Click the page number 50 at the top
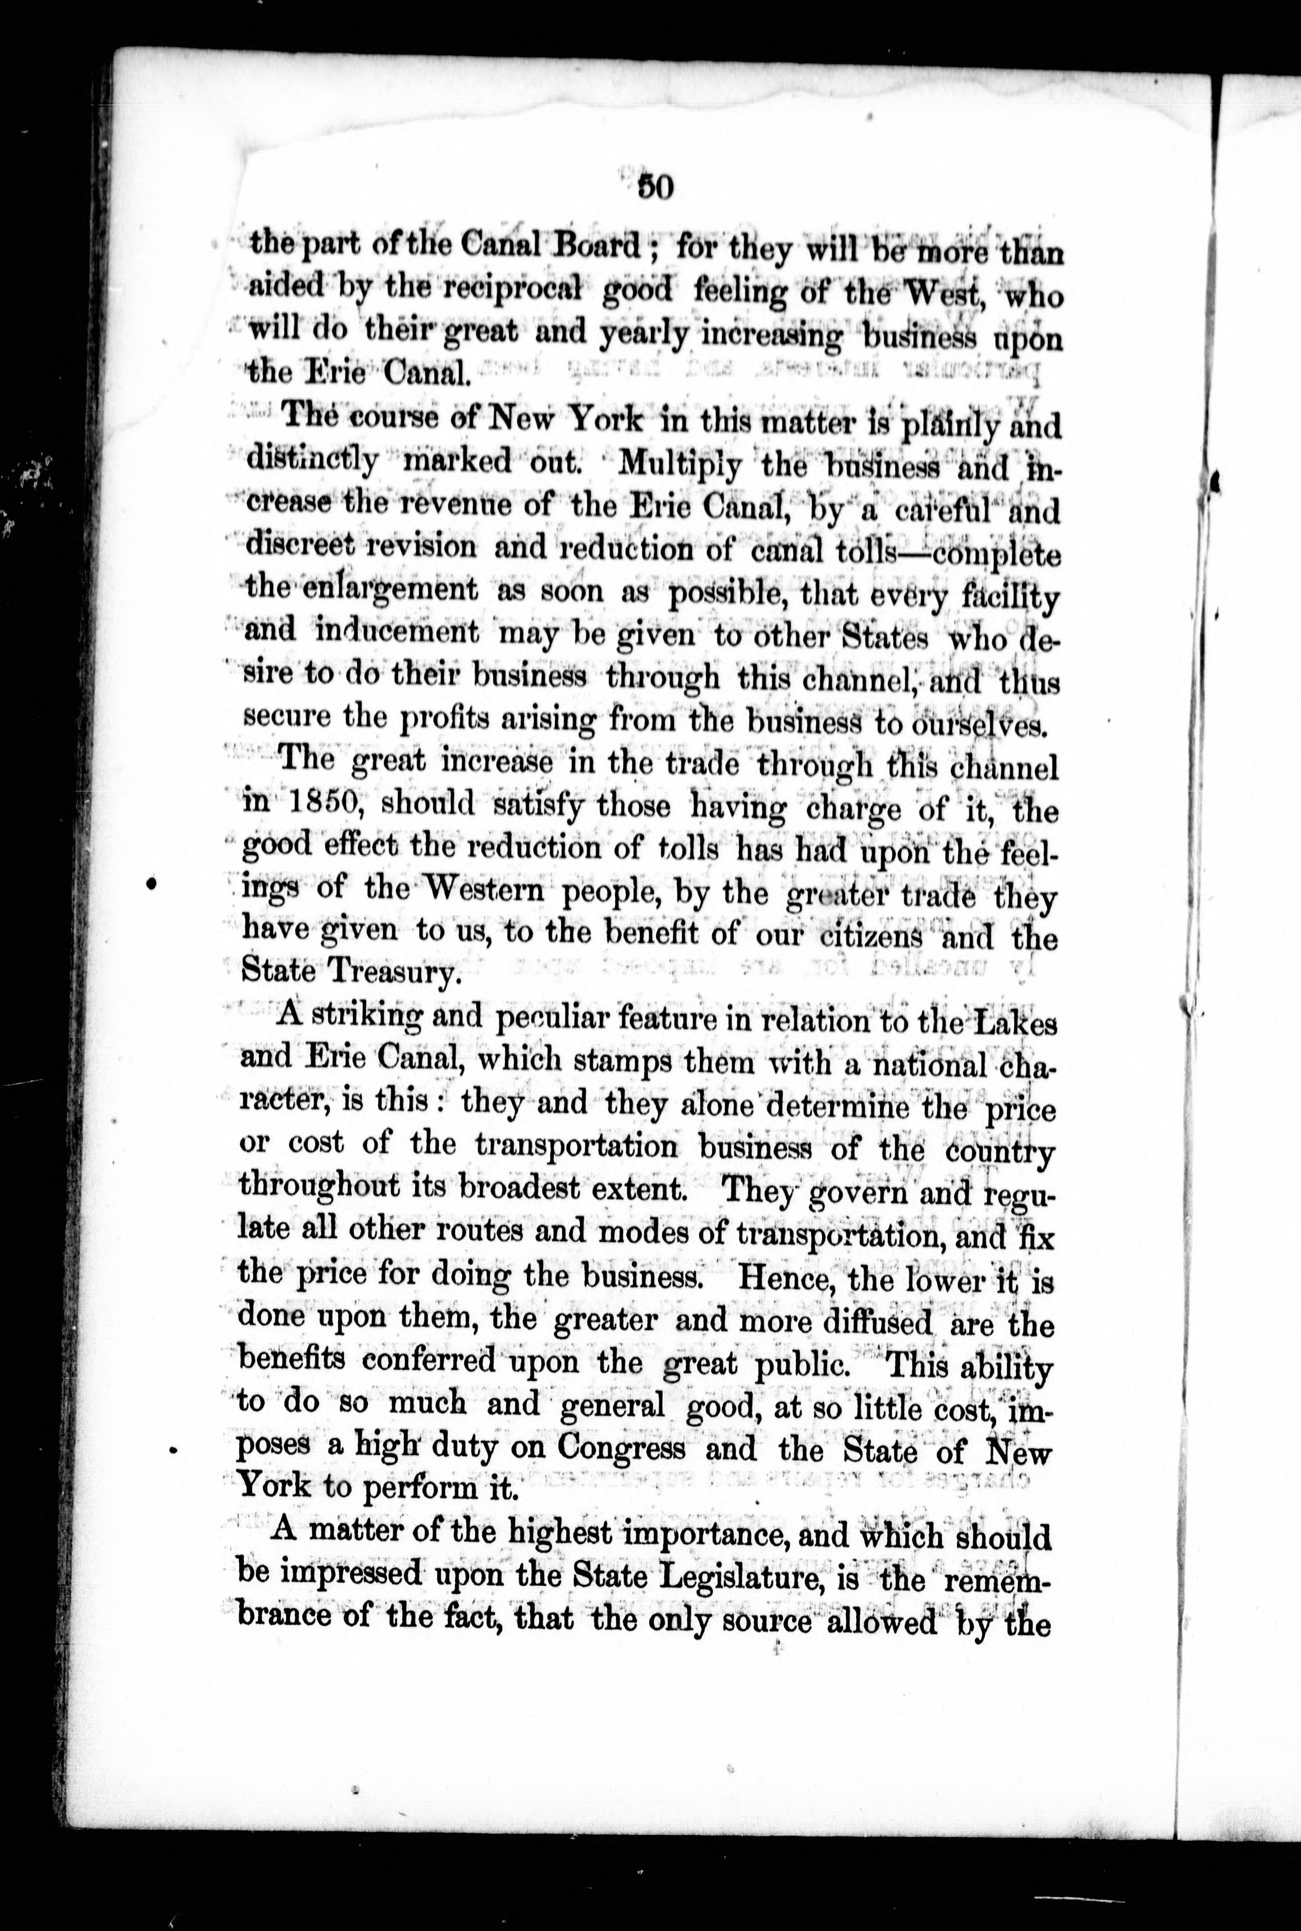655,188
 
